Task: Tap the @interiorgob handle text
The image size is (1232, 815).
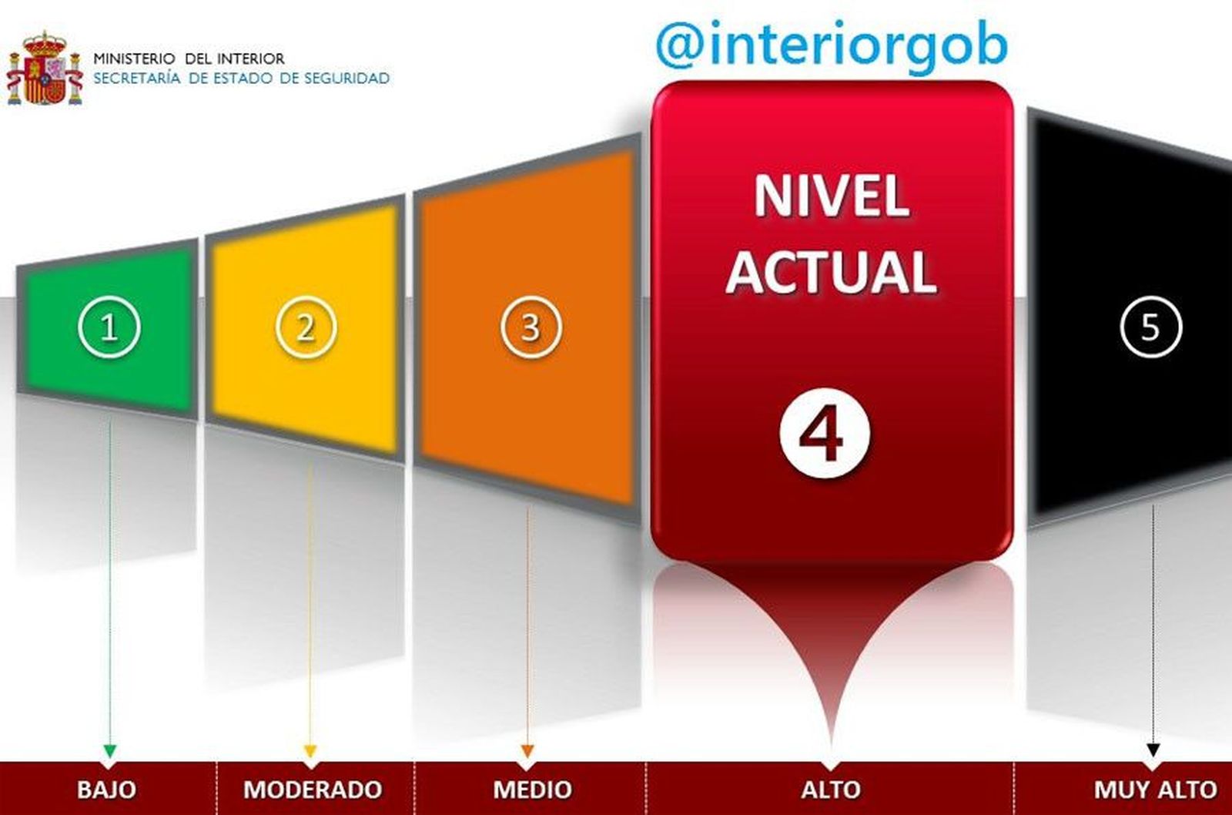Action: click(x=832, y=45)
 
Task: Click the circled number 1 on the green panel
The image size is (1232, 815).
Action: click(x=109, y=327)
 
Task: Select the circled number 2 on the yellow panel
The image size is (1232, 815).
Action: click(x=306, y=327)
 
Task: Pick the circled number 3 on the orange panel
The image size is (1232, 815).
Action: click(x=531, y=327)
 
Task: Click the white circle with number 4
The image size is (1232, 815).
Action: click(x=825, y=433)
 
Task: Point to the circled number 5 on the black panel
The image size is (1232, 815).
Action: click(x=1150, y=327)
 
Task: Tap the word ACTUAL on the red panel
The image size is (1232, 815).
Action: click(x=832, y=272)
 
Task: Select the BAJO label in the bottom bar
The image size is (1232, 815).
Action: click(x=106, y=790)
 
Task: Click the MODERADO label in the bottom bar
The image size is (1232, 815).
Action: click(x=313, y=790)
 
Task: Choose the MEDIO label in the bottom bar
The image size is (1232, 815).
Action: click(x=532, y=790)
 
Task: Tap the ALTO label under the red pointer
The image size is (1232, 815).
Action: click(x=831, y=790)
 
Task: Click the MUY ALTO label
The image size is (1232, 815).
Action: click(x=1155, y=790)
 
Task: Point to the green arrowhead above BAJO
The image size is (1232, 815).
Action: click(x=110, y=750)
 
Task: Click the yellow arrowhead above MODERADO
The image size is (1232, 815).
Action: click(x=310, y=750)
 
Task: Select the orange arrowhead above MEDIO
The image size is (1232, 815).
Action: click(x=527, y=750)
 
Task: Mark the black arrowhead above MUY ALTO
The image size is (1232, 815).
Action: click(x=1153, y=750)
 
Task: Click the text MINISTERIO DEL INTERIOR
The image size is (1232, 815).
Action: click(x=189, y=59)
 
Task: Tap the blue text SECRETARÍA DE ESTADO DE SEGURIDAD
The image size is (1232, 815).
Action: click(x=241, y=78)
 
